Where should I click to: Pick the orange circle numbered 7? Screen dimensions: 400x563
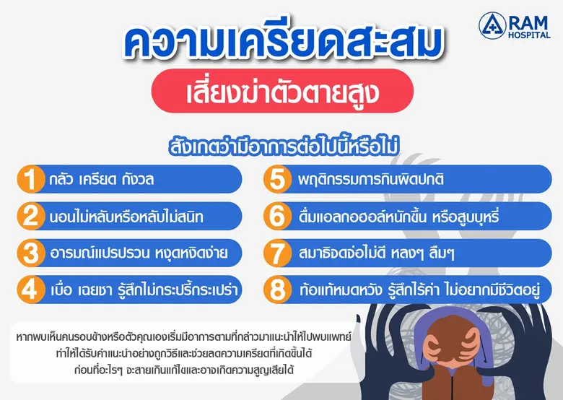point(276,253)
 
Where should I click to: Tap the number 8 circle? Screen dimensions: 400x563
point(276,290)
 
